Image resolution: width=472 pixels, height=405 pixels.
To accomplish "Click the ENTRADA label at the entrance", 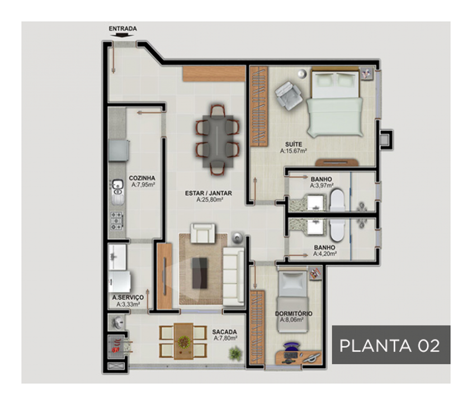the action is [123, 29].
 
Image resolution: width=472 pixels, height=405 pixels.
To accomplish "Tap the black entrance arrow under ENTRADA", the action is [122, 35].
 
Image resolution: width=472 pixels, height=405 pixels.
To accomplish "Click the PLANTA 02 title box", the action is [391, 345].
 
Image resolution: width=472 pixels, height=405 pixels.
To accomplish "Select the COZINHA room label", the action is [142, 178].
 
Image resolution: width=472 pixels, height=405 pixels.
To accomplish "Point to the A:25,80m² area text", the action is [210, 200].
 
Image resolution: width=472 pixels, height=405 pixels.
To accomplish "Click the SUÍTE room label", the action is [294, 144].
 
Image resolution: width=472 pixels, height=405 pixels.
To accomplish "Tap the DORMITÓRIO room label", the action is [294, 313].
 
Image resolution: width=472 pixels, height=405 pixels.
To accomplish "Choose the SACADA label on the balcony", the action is [225, 332].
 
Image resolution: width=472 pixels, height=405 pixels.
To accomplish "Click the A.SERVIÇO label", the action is [128, 297].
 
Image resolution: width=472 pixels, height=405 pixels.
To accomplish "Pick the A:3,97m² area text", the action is [321, 186].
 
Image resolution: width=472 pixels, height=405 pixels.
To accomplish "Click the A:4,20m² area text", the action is [325, 254].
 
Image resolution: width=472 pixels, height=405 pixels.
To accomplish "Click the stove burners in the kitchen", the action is [117, 221].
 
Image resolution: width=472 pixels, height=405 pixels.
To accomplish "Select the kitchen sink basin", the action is [118, 184].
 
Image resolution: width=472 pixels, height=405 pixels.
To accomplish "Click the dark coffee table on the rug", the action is [200, 273].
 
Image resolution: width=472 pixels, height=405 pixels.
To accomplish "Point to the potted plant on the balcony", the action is [235, 354].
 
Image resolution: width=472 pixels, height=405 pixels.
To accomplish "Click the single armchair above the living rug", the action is [203, 233].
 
